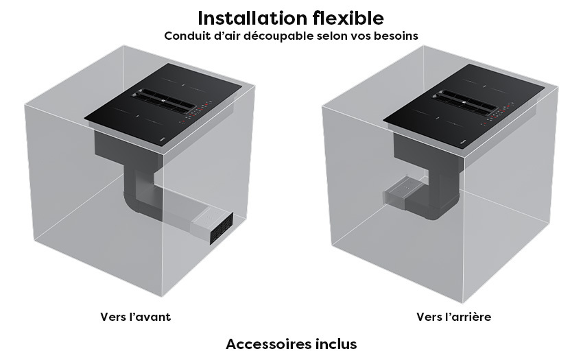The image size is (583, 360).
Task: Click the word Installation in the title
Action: point(252,18)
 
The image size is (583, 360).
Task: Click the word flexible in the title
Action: point(348,18)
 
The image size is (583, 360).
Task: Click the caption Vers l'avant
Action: point(135,317)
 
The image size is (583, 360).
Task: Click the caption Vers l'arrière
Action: point(453,317)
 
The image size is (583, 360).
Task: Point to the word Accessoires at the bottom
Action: point(267,344)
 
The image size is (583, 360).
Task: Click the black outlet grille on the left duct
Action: point(222,229)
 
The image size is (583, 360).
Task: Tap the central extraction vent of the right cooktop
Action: point(464,100)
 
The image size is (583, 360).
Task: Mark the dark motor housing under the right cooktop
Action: point(427,152)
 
